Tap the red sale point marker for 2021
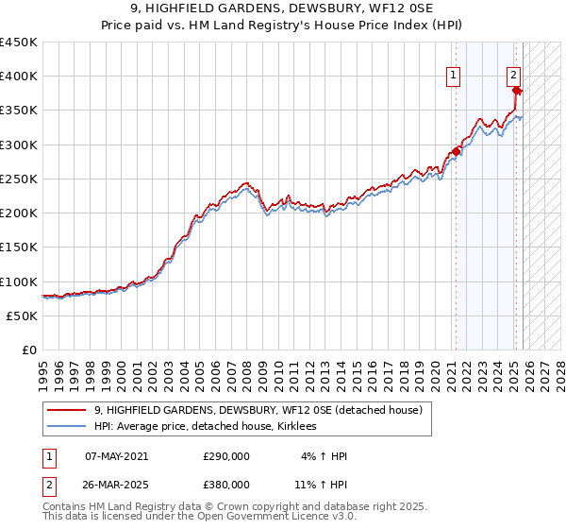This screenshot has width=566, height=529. [457, 151]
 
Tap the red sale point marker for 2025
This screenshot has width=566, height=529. [517, 91]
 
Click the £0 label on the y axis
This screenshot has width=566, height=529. [28, 350]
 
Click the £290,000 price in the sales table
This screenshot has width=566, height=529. [226, 456]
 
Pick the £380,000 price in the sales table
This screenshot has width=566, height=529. [226, 484]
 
